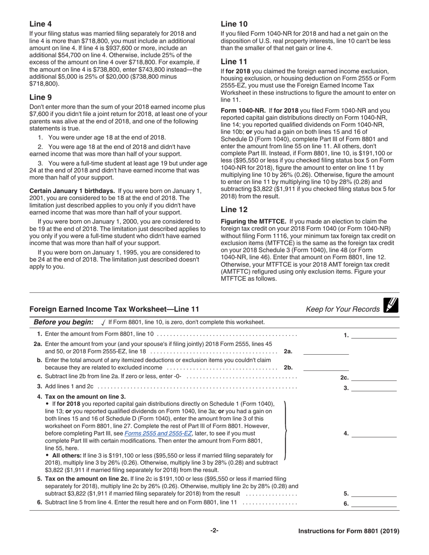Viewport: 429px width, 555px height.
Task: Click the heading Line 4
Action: pyautogui.click(x=40, y=24)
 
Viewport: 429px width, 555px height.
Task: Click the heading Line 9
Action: pyautogui.click(x=40, y=97)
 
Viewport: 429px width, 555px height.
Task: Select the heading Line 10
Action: pyautogui.click(x=234, y=24)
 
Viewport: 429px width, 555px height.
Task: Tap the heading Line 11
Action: pyautogui.click(x=234, y=61)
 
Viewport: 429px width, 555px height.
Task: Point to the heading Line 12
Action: pyautogui.click(x=234, y=209)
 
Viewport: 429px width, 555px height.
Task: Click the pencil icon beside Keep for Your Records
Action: pyautogui.click(x=390, y=305)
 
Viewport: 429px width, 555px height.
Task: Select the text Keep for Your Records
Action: pyautogui.click(x=342, y=309)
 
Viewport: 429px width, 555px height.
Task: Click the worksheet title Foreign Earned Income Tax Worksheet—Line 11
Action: pyautogui.click(x=114, y=309)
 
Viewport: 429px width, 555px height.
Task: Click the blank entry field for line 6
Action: pyautogui.click(x=373, y=504)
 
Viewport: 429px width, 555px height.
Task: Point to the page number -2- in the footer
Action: pyautogui.click(x=214, y=531)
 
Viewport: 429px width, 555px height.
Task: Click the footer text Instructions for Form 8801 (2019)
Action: pyautogui.click(x=349, y=531)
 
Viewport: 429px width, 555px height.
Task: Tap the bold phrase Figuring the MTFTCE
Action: pyautogui.click(x=253, y=222)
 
